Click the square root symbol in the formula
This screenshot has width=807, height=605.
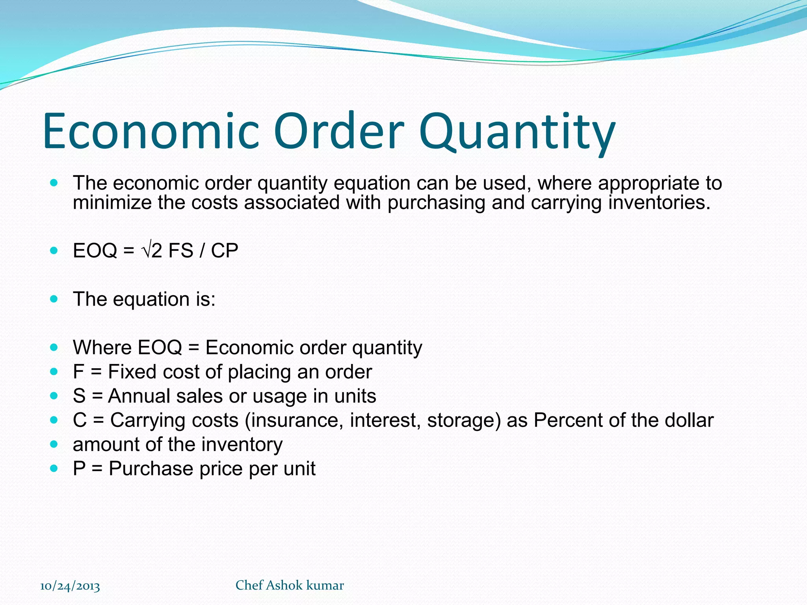point(145,251)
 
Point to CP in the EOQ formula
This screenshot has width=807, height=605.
point(225,251)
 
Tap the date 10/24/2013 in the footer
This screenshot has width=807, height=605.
point(70,586)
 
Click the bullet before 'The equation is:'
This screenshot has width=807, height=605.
point(54,299)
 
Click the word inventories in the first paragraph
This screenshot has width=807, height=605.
point(659,203)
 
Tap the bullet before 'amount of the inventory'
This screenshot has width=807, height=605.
point(54,444)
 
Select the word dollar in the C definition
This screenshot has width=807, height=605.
point(689,420)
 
